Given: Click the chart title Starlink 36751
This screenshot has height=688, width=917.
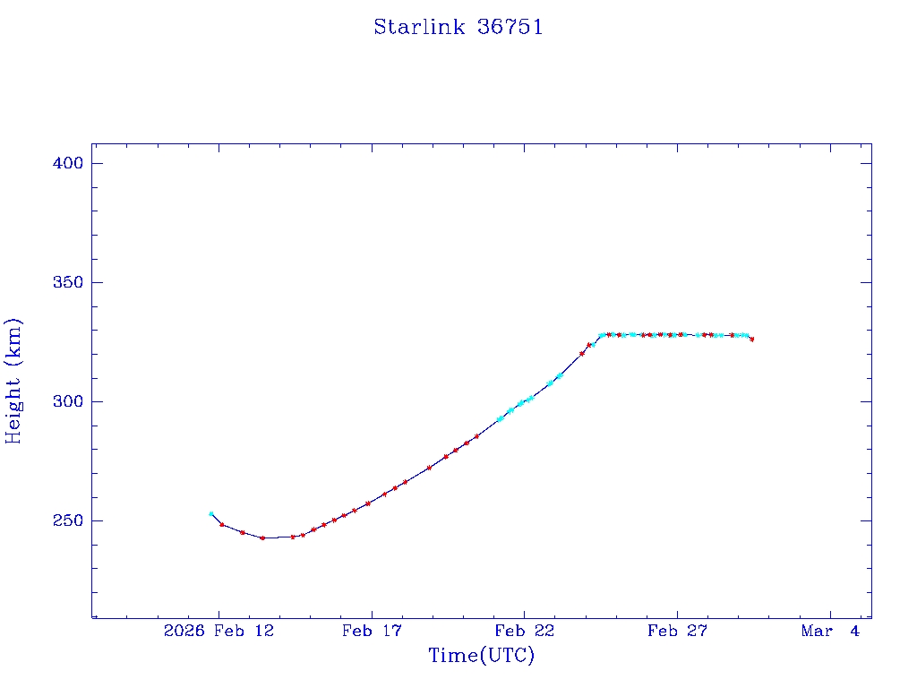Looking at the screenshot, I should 458,27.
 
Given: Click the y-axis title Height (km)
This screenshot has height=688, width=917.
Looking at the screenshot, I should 13,381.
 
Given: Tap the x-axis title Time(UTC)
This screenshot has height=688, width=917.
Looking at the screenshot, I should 482,656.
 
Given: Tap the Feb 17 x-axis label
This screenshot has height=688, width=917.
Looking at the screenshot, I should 371,631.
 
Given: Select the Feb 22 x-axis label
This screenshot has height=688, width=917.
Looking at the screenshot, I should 524,631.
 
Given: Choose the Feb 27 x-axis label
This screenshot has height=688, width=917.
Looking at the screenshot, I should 677,631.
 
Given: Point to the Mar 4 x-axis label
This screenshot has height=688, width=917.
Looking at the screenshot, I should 830,631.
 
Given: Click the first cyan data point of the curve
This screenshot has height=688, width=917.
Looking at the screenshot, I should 211,513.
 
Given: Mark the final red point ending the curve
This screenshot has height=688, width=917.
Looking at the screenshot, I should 752,340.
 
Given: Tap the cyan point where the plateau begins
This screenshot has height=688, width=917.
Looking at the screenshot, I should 602,335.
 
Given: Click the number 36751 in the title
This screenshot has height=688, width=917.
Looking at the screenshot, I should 510,27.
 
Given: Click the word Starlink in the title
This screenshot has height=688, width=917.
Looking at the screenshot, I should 419,27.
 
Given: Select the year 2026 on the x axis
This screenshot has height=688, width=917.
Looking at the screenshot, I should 184,631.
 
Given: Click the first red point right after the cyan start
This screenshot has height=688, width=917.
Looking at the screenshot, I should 222,524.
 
